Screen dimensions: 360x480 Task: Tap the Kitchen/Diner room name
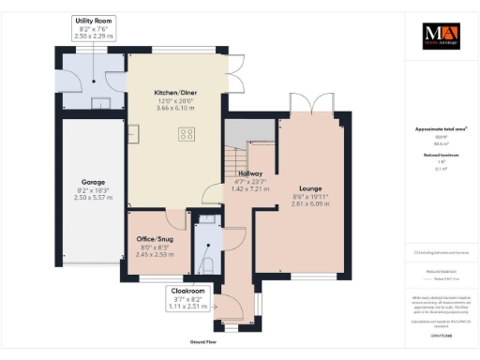pyautogui.click(x=179, y=94)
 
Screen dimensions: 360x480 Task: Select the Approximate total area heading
pyautogui.click(x=439, y=129)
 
